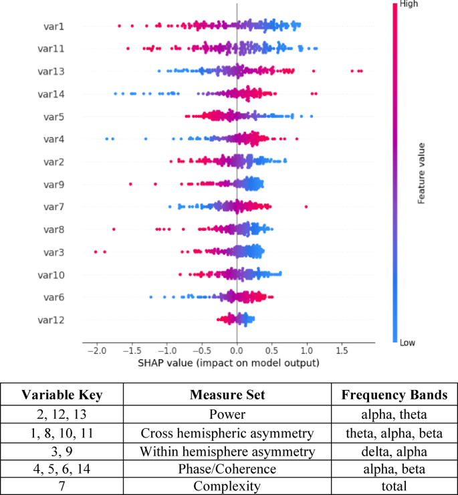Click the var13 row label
(51, 71)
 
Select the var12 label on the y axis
(51, 320)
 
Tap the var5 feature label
(53, 116)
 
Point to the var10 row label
(51, 274)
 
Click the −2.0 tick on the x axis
(97, 351)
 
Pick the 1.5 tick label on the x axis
(342, 351)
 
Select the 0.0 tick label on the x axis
(237, 351)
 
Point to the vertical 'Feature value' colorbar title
(422, 172)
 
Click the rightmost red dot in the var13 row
(361, 70)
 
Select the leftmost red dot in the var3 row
(96, 252)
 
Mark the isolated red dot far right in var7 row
(306, 207)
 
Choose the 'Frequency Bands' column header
(393, 395)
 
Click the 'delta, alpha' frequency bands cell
(393, 452)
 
